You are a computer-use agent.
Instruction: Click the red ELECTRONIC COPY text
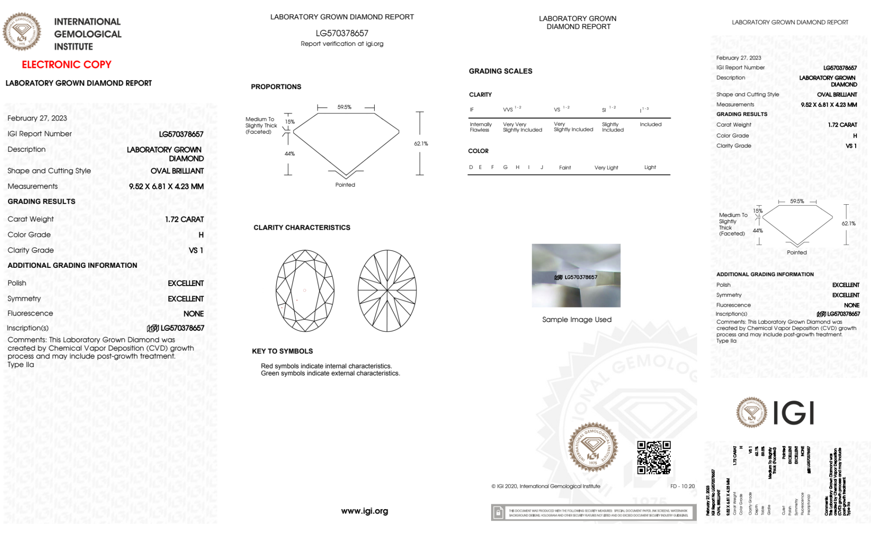pyautogui.click(x=67, y=64)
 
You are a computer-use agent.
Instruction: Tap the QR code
pyautogui.click(x=654, y=457)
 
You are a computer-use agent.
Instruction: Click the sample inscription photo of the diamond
pyautogui.click(x=576, y=275)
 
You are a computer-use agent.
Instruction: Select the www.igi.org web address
pyautogui.click(x=364, y=511)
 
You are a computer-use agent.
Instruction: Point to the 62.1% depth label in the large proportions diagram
pyautogui.click(x=421, y=144)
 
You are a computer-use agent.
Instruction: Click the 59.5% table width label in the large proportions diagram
pyautogui.click(x=344, y=107)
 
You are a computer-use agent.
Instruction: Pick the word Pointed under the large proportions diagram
pyautogui.click(x=345, y=185)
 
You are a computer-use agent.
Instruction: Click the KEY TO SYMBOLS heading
pyautogui.click(x=282, y=351)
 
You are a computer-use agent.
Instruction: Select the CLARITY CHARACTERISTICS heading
pyautogui.click(x=302, y=228)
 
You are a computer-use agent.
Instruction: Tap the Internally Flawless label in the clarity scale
pyautogui.click(x=481, y=127)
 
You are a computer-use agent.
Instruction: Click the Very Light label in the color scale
pyautogui.click(x=606, y=168)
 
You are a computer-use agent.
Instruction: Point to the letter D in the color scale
pyautogui.click(x=471, y=167)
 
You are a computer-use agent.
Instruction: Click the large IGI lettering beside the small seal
pyautogui.click(x=794, y=413)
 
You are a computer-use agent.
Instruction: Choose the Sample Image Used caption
pyautogui.click(x=577, y=319)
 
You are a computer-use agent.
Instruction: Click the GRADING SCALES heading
pyautogui.click(x=500, y=71)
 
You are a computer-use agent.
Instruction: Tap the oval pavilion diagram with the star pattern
pyautogui.click(x=387, y=291)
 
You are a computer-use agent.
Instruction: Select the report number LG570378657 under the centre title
pyautogui.click(x=342, y=33)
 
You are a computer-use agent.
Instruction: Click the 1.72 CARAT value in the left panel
pyautogui.click(x=184, y=219)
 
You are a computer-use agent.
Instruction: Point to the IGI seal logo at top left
pyautogui.click(x=22, y=32)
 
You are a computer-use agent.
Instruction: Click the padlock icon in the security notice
pyautogui.click(x=498, y=513)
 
